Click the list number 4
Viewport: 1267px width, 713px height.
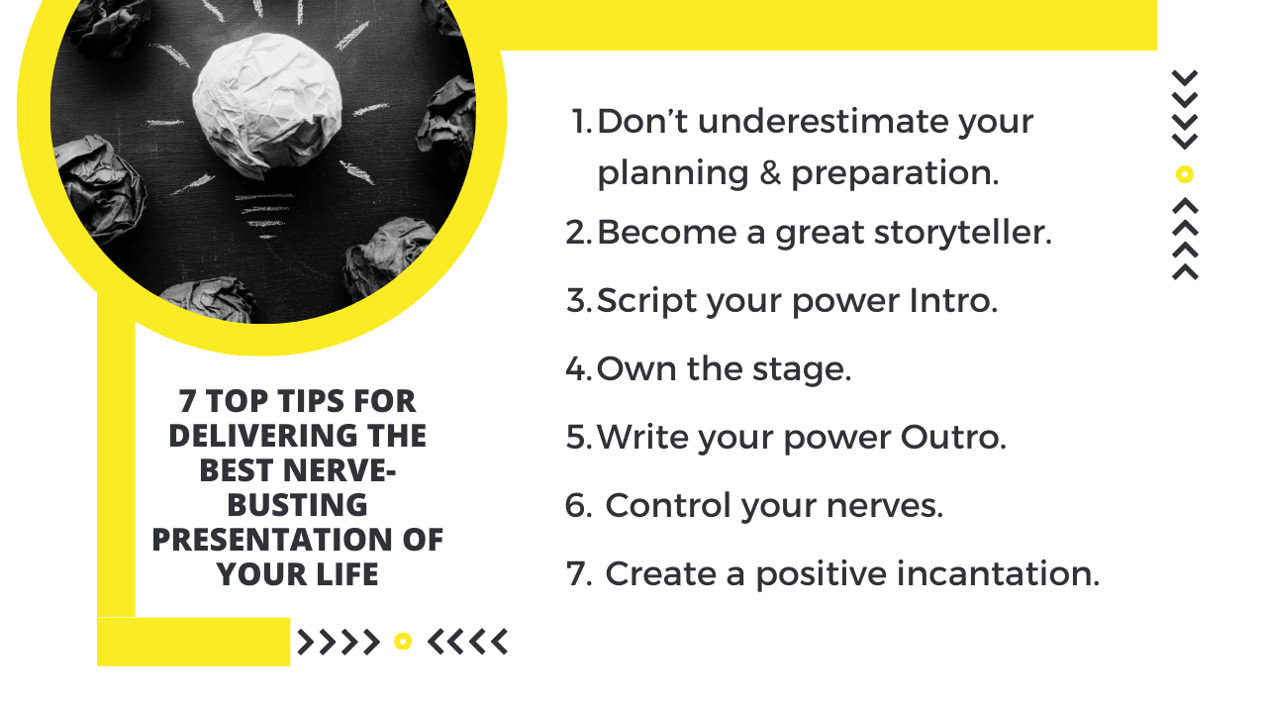pyautogui.click(x=576, y=369)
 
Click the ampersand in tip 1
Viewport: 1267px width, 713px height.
pyautogui.click(x=770, y=172)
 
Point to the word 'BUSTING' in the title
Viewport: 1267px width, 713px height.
pyautogui.click(x=298, y=505)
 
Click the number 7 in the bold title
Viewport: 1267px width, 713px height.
pyautogui.click(x=187, y=401)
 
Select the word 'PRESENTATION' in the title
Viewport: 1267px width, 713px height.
pyautogui.click(x=270, y=540)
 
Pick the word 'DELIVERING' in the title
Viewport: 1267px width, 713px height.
pyautogui.click(x=263, y=436)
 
